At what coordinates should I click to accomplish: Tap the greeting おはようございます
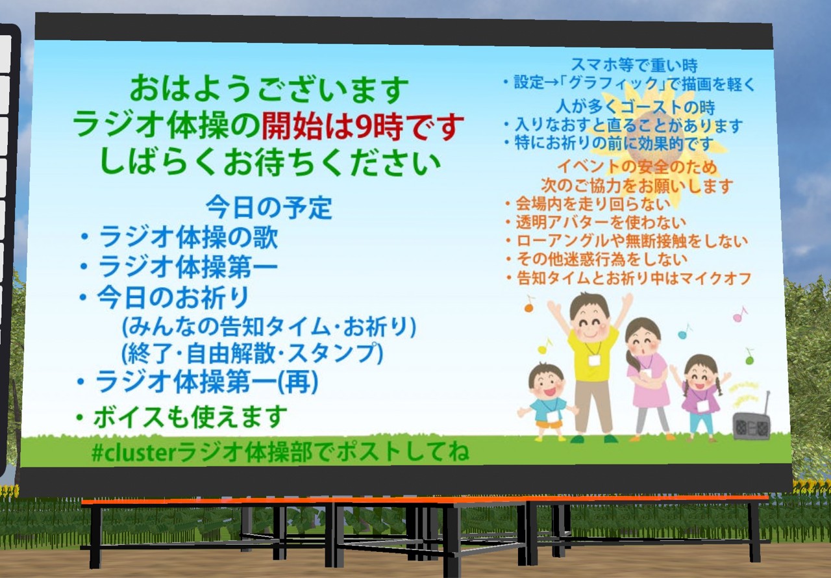click(269, 89)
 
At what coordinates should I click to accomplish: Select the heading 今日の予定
click(269, 207)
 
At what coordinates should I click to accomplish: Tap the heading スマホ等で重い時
click(634, 66)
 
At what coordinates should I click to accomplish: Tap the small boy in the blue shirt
click(547, 403)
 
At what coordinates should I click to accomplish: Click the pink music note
click(739, 314)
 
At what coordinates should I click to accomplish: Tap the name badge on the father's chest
click(594, 360)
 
